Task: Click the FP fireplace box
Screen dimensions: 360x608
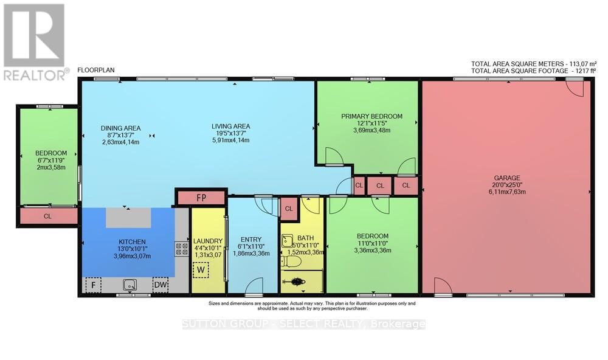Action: pyautogui.click(x=201, y=197)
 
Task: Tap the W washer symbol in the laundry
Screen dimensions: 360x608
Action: pyautogui.click(x=200, y=269)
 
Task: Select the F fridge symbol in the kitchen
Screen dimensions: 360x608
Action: pyautogui.click(x=93, y=284)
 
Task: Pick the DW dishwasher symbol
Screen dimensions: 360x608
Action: pyautogui.click(x=161, y=284)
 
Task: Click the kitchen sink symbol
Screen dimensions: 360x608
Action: pyautogui.click(x=128, y=283)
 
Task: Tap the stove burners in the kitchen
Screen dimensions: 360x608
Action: pyautogui.click(x=181, y=248)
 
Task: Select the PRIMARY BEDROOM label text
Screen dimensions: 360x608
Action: pyautogui.click(x=371, y=116)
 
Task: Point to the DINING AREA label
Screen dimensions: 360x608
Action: pyautogui.click(x=120, y=128)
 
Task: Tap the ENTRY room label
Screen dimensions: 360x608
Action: pyautogui.click(x=250, y=239)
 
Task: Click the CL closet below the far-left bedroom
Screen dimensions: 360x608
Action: pyautogui.click(x=48, y=216)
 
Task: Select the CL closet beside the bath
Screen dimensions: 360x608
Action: pyautogui.click(x=289, y=209)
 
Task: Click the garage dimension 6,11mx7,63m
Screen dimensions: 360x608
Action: pyautogui.click(x=506, y=191)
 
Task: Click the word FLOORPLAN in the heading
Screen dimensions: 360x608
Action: pyautogui.click(x=95, y=71)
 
